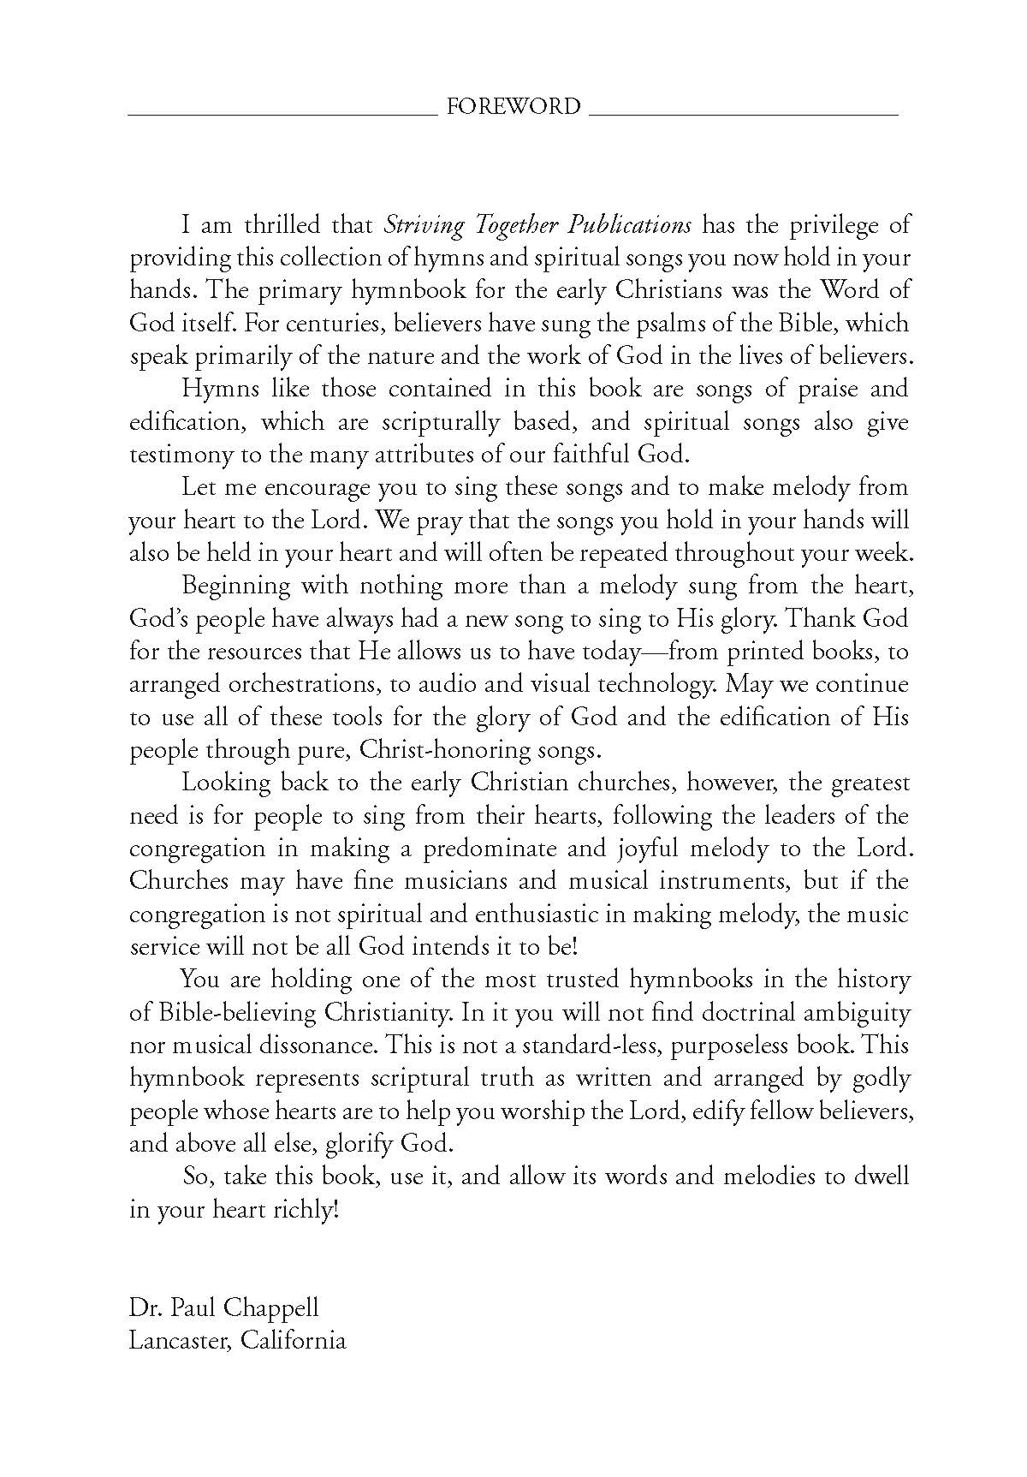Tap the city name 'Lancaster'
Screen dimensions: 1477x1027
coord(178,1340)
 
